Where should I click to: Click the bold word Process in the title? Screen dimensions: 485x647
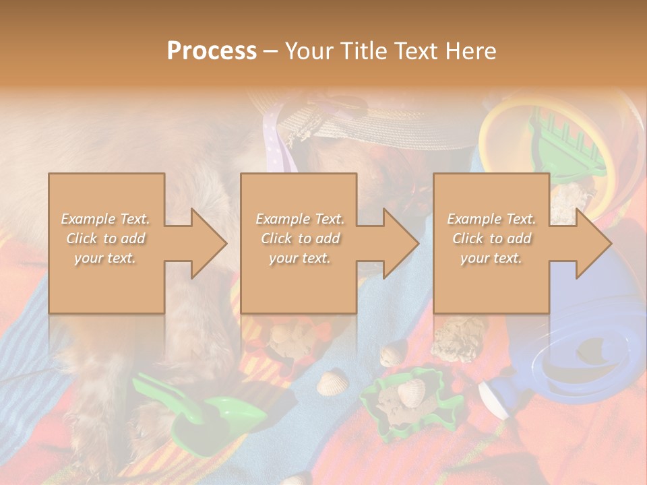[x=212, y=51]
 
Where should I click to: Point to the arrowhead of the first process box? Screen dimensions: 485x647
[x=208, y=243]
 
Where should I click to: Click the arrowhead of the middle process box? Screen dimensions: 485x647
[x=400, y=243]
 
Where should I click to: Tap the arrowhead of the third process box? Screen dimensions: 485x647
[x=593, y=243]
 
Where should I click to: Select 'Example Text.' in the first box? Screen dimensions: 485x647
[x=106, y=219]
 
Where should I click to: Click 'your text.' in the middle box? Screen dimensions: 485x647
[x=299, y=258]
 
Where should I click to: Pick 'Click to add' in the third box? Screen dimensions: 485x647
[x=491, y=238]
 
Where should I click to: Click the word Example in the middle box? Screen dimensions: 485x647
[x=278, y=219]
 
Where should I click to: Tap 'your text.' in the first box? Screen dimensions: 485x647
[x=106, y=258]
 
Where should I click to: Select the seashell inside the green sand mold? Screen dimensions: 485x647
[x=410, y=391]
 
